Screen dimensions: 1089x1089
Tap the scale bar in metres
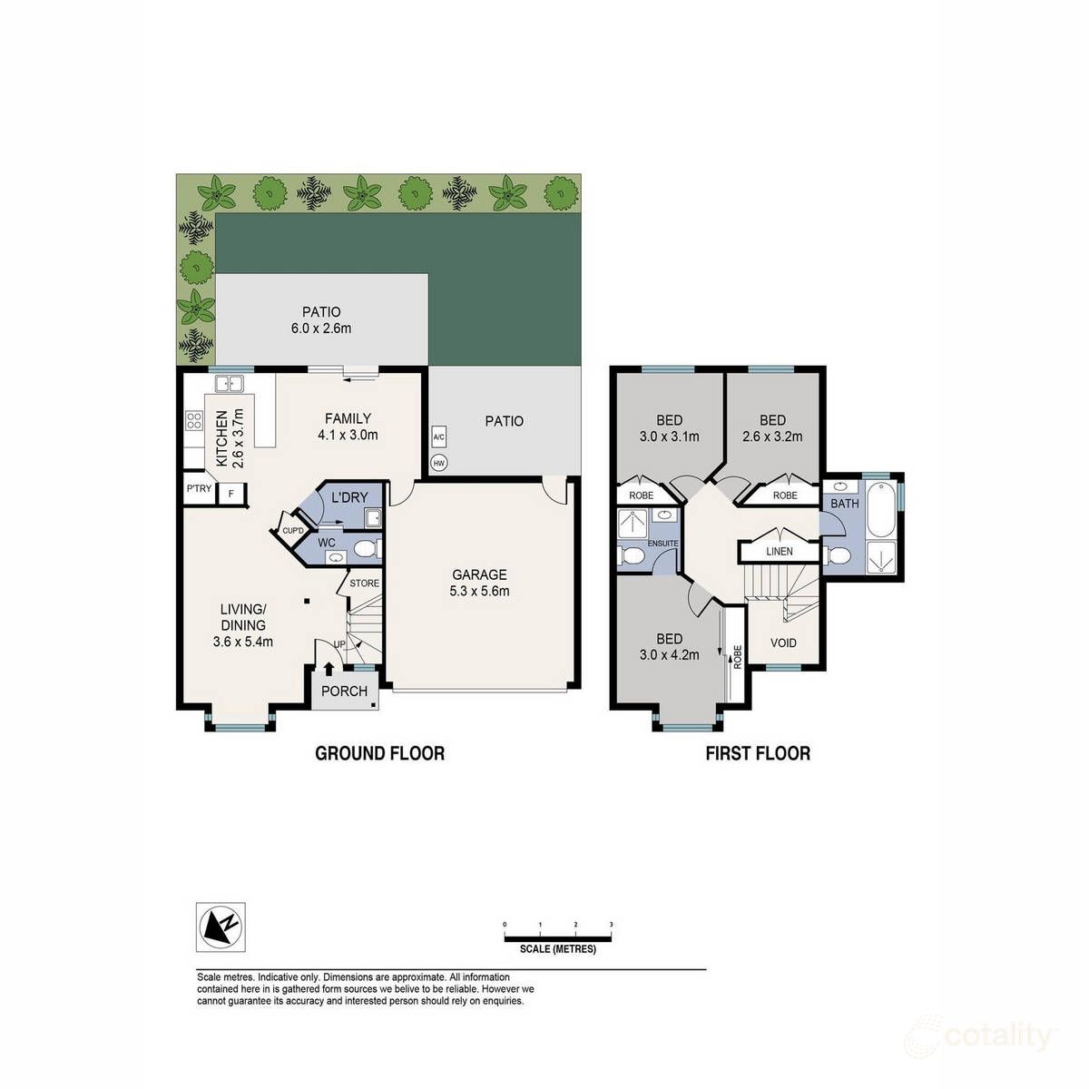point(558,937)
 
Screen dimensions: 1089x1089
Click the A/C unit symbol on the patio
point(439,437)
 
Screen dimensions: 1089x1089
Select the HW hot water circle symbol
point(439,463)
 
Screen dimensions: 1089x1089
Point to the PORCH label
point(344,692)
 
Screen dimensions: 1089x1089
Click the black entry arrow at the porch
point(328,669)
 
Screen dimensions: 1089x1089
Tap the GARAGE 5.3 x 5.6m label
point(480,583)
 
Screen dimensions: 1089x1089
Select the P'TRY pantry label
point(199,489)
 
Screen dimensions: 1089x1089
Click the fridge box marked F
point(231,493)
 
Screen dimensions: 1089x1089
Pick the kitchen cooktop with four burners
point(194,420)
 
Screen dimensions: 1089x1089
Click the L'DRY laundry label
point(349,498)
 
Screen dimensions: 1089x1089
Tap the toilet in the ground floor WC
point(366,550)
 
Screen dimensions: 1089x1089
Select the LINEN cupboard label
point(779,551)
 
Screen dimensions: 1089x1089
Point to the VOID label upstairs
point(783,643)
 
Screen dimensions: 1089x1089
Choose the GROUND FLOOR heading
point(379,753)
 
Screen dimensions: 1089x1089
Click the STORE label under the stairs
point(364,583)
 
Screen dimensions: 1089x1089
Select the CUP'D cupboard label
point(292,531)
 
